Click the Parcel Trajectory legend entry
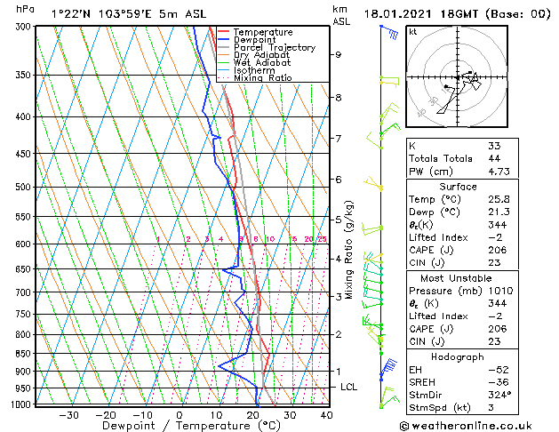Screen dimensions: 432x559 275,47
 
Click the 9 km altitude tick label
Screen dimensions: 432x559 338,54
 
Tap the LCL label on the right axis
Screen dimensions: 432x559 349,388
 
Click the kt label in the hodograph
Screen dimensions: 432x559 412,32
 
